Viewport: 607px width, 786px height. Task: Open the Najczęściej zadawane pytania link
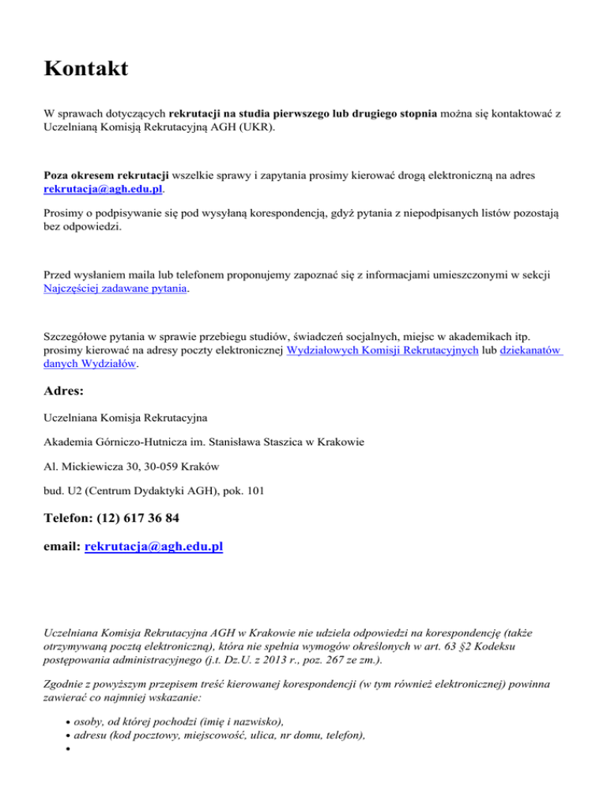pyautogui.click(x=116, y=289)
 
